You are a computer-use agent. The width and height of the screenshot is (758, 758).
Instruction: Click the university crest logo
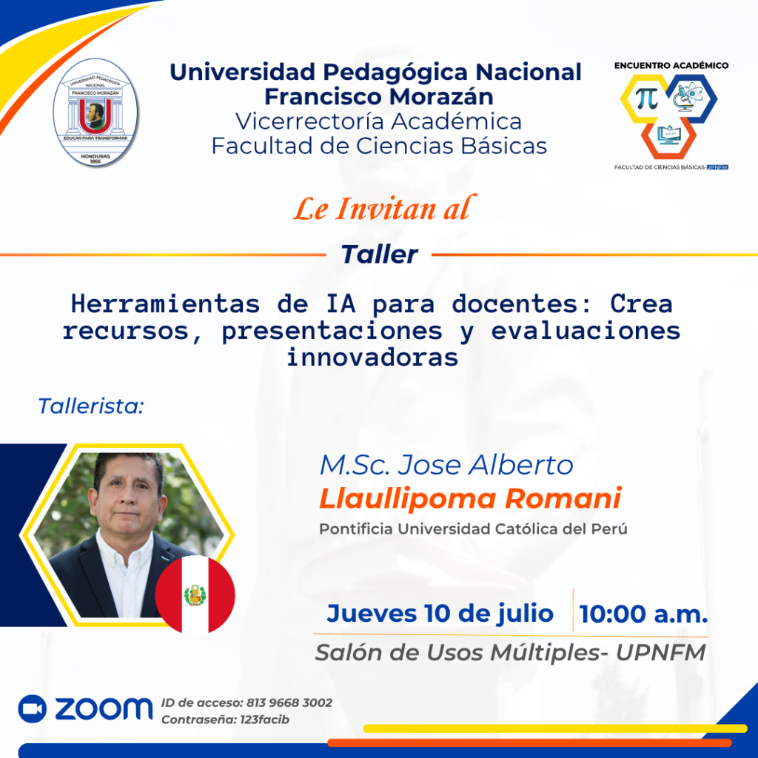coord(95,113)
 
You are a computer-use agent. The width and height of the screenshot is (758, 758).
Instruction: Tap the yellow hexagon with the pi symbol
coord(645,98)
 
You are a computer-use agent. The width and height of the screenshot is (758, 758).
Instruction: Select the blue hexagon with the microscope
coord(691,98)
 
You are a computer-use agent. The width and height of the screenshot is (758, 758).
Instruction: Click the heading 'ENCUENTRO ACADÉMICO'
coord(671,65)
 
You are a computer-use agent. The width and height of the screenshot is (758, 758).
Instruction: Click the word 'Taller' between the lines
coord(380,255)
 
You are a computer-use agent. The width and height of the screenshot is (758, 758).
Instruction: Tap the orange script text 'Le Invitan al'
coord(385,209)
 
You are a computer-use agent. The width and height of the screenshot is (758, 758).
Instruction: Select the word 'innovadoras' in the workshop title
coord(372,358)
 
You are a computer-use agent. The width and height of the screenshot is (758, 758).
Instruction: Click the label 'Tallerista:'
coord(91,406)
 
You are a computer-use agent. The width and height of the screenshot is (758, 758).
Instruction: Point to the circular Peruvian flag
coord(195,594)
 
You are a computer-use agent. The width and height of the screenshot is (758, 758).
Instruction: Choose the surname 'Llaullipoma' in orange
coord(408,499)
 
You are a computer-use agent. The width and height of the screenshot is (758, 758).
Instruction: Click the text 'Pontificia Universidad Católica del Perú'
coord(473,529)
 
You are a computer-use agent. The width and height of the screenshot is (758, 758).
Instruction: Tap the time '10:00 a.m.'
coord(643,614)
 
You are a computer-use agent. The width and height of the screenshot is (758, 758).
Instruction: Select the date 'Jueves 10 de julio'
coord(440,614)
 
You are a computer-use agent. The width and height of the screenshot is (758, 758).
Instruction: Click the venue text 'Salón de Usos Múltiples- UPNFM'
coord(511,653)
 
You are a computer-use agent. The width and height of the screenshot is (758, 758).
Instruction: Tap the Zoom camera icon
coord(33,708)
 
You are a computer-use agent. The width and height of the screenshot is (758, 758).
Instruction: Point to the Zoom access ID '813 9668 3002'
coord(289,702)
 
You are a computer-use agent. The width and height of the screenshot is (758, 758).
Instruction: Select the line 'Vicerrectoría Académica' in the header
coord(378,121)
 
